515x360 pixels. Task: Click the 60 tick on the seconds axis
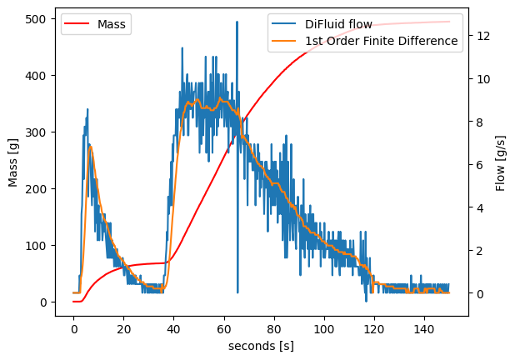[223, 327]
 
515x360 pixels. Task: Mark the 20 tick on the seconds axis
[123, 327]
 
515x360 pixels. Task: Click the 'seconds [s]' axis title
[262, 345]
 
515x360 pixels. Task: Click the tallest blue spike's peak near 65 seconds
[237, 22]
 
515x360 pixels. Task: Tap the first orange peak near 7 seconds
[90, 147]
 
